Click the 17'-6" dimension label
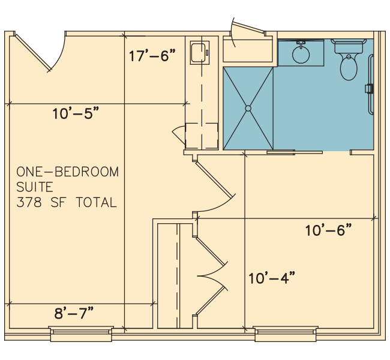pos(152,55)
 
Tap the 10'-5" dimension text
pos(76,113)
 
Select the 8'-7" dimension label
pos(74,313)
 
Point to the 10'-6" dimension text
pos(329,230)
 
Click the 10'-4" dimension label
pos(272,278)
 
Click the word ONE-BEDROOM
pos(68,172)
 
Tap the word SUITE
pos(35,187)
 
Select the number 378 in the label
pos(29,202)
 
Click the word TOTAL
pos(96,202)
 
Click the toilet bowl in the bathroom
pos(349,67)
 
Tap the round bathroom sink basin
pos(301,55)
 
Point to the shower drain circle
pos(248,108)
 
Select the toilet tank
pos(349,47)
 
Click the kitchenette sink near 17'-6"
pos(199,53)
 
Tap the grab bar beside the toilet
pos(371,85)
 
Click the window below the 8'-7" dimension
pos(81,334)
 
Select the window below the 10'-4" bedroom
pos(286,334)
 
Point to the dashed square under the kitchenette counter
pos(202,136)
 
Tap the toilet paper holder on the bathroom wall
pos(369,89)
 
